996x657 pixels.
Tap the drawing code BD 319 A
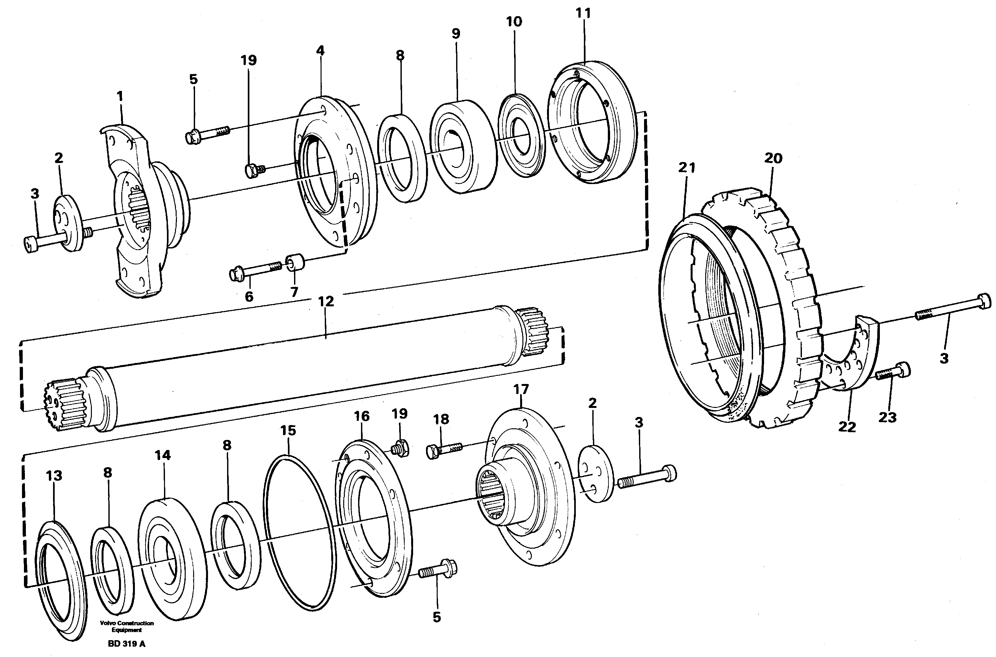coord(126,644)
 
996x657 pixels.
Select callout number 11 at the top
coord(583,14)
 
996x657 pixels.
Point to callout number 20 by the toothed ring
coord(773,159)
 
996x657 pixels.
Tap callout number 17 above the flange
coord(521,390)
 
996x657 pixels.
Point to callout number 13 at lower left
coord(54,476)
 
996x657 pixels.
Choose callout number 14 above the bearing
coord(163,455)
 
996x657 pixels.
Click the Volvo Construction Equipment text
coord(126,626)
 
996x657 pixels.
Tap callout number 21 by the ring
coord(686,168)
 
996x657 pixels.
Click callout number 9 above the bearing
coord(456,34)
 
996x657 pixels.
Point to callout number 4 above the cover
coord(320,51)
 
